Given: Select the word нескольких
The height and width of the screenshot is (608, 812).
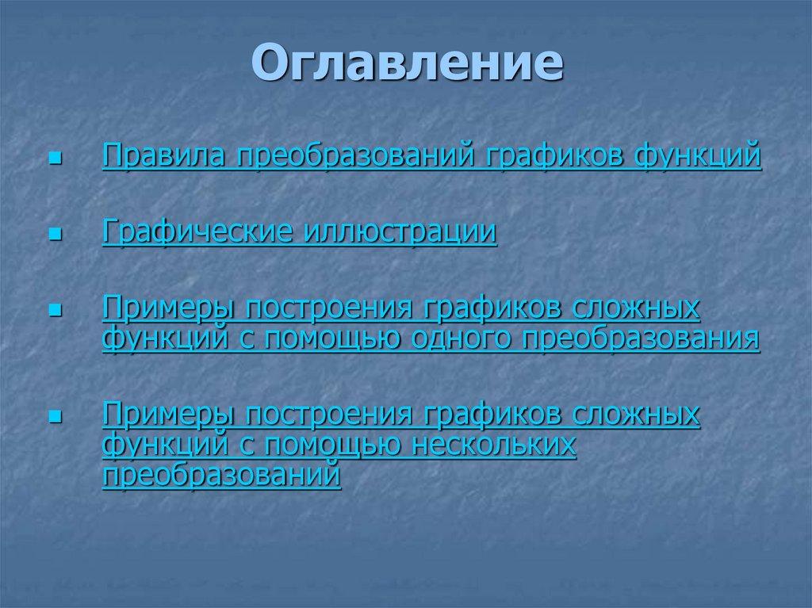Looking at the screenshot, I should [492, 447].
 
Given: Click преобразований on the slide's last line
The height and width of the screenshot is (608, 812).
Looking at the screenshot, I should [221, 475].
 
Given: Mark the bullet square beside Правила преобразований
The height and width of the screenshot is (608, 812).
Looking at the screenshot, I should [55, 158].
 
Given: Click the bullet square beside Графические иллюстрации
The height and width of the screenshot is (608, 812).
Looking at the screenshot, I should [55, 235].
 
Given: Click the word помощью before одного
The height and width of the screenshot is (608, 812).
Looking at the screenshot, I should [333, 339].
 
